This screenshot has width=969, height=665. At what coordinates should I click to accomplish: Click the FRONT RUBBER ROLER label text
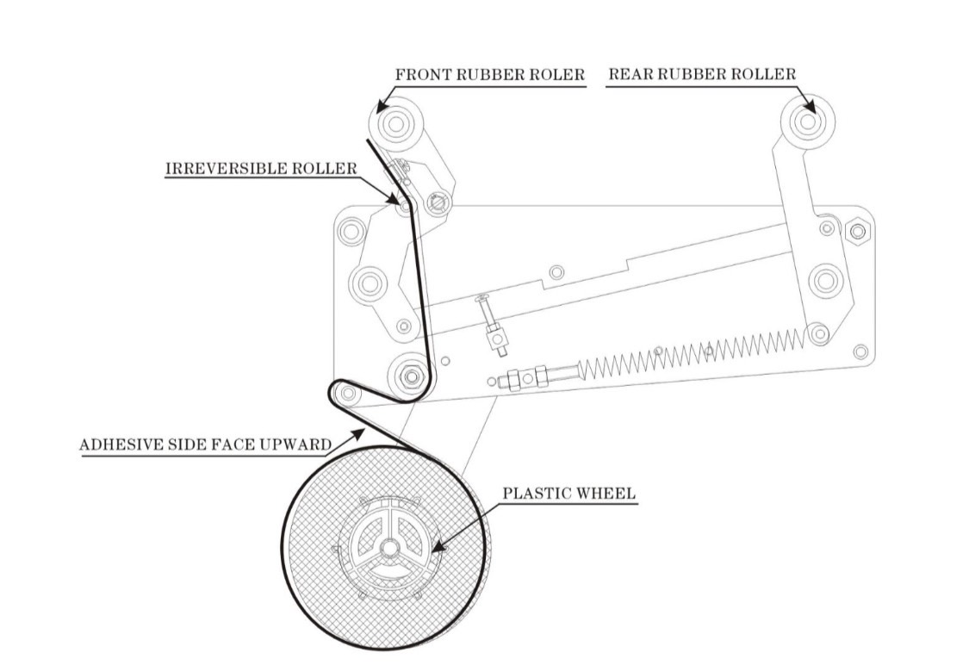(x=489, y=75)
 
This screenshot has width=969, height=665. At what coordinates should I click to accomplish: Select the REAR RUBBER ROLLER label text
(x=702, y=75)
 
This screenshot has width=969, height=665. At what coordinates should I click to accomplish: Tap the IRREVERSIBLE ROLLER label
(x=260, y=168)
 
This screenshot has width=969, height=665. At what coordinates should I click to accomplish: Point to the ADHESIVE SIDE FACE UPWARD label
(x=205, y=445)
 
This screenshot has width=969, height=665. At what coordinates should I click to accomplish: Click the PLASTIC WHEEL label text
(x=569, y=494)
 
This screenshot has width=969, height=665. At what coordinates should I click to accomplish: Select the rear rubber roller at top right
(x=807, y=121)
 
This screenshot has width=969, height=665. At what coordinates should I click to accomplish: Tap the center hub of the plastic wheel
(x=389, y=547)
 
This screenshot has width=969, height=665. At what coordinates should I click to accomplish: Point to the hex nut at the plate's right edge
(x=858, y=231)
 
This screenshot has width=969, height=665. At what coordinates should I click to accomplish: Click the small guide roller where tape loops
(x=347, y=394)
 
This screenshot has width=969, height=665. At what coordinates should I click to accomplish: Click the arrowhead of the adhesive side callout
(x=355, y=437)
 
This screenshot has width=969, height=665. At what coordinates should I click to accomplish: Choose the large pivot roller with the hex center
(x=411, y=376)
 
